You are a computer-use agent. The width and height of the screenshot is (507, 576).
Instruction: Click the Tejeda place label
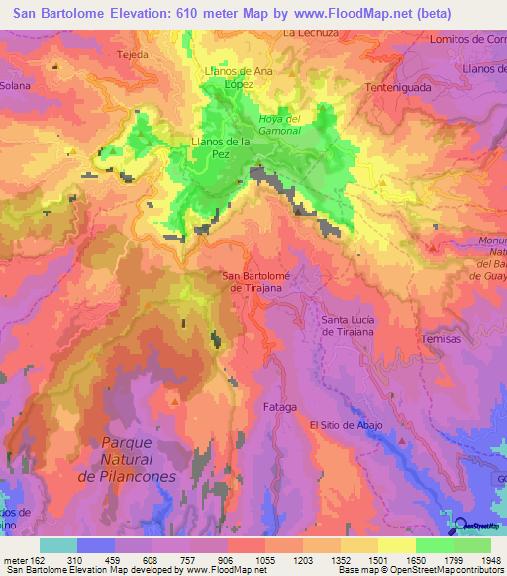(131, 55)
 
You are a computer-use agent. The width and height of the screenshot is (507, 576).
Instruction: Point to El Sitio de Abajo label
(345, 424)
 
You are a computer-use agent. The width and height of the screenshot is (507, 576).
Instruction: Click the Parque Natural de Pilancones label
(140, 460)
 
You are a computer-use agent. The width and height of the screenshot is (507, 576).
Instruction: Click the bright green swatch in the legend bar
(434, 545)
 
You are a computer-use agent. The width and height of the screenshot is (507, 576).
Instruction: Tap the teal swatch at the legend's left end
(58, 545)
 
